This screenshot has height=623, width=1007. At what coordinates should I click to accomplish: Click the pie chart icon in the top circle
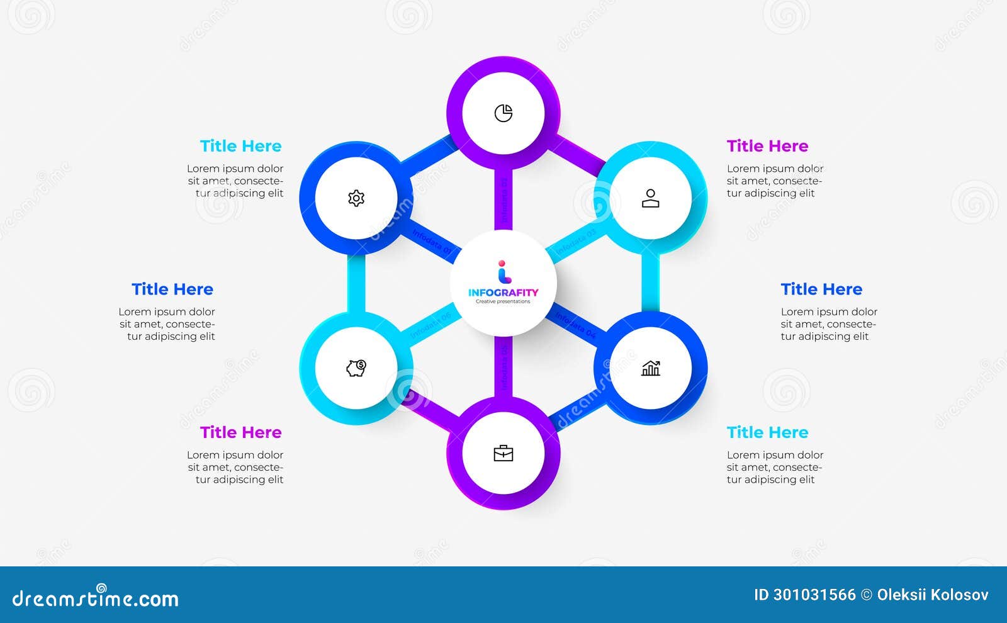click(x=503, y=113)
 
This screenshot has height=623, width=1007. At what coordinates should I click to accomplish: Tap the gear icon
click(x=356, y=198)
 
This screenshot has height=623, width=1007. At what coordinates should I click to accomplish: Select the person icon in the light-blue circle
click(x=651, y=198)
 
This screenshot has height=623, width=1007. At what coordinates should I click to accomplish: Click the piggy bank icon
click(x=356, y=368)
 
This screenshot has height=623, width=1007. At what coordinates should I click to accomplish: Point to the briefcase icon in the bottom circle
click(x=503, y=453)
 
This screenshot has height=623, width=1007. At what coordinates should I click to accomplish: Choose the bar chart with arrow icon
click(x=651, y=368)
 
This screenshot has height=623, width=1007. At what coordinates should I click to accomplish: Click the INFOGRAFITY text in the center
click(x=503, y=292)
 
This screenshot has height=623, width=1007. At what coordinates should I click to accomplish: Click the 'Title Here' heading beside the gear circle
click(x=240, y=146)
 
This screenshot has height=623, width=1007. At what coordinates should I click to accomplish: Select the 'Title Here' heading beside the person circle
click(x=767, y=146)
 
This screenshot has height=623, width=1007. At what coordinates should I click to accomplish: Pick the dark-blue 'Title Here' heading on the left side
click(x=172, y=289)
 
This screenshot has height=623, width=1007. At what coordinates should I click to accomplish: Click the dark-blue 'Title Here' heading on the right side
click(x=821, y=289)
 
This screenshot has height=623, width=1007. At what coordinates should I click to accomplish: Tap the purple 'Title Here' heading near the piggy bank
click(x=240, y=432)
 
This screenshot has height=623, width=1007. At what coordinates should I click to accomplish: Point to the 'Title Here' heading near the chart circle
click(x=767, y=432)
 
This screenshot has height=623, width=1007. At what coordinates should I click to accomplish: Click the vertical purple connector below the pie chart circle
click(x=503, y=198)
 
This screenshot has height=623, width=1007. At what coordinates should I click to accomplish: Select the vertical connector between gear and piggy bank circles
click(x=356, y=283)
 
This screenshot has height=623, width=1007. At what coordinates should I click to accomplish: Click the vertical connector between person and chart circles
click(x=651, y=283)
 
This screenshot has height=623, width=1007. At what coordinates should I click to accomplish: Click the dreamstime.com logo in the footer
click(x=96, y=598)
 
